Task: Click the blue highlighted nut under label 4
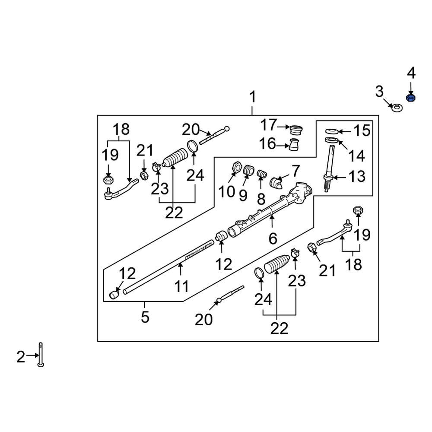point(411,98)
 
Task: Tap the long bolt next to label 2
point(40,354)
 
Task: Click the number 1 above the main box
point(252,97)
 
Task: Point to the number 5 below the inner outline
point(145,318)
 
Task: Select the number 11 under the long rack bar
point(182,286)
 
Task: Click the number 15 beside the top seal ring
point(362,131)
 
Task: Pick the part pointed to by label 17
point(297,128)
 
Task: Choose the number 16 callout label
point(268,143)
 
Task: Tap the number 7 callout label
point(295,171)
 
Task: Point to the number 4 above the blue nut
point(411,73)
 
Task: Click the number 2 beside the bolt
point(21,357)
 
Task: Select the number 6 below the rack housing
point(273,238)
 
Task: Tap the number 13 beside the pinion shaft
point(357,177)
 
